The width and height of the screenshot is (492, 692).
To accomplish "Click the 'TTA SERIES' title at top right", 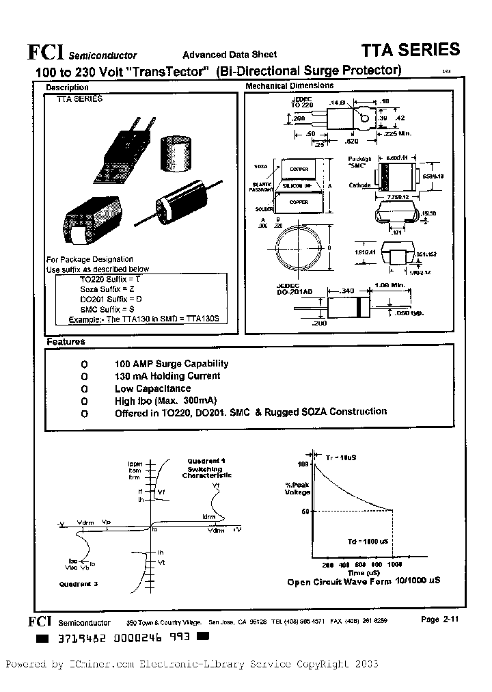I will tap(410, 50).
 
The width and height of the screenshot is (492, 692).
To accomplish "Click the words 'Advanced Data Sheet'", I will tap(229, 55).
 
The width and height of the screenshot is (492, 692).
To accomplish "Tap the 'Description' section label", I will tap(67, 88).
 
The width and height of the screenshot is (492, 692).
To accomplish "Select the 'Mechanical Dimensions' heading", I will tap(289, 86).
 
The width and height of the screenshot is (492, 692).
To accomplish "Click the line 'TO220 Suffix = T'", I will tap(111, 280).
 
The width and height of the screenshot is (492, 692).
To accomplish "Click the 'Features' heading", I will tap(66, 342).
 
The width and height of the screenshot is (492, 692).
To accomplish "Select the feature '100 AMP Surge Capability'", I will tap(172, 364).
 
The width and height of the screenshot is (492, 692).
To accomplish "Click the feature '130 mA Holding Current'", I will tap(167, 376).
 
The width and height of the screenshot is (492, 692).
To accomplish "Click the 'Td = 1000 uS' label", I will tap(368, 541).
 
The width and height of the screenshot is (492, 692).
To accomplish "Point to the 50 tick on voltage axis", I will tap(306, 511).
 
